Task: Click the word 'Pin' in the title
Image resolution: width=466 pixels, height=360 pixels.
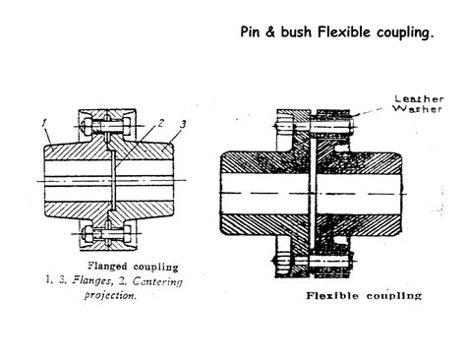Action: coord(253,31)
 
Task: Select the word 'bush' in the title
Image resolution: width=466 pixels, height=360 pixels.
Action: coord(300,31)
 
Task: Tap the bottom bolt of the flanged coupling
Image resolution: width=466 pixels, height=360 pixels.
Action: coord(110,236)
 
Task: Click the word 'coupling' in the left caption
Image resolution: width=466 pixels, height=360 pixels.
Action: coord(157,266)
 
